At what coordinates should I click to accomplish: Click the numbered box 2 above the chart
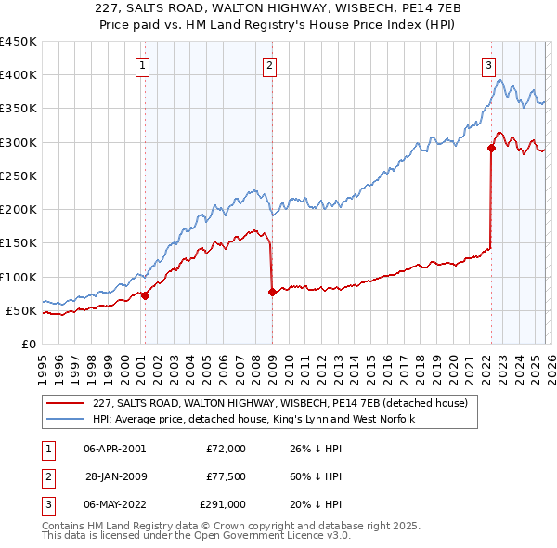tap(269, 65)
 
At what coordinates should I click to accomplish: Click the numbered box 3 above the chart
tap(488, 65)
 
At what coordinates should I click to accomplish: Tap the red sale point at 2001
tap(145, 295)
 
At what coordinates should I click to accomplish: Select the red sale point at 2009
tap(272, 292)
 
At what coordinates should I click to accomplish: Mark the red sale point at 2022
tap(491, 148)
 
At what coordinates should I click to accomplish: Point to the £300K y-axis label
tap(18, 142)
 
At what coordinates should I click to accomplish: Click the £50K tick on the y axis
tap(21, 310)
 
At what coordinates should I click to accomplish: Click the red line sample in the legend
tap(66, 403)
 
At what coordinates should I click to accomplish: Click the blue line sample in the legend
tap(66, 419)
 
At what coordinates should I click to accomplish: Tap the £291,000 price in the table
tap(223, 504)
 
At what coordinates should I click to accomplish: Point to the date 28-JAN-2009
tap(114, 476)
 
